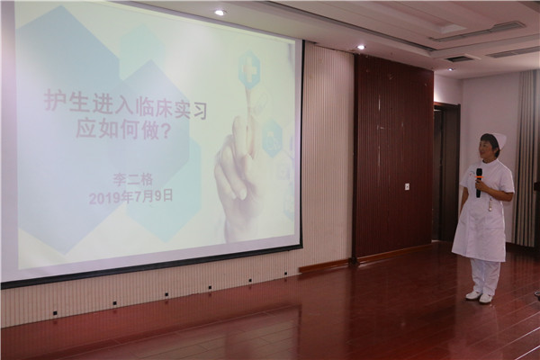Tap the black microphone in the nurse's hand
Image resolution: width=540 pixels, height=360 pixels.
[479, 183]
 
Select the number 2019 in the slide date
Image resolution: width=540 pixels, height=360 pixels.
[103, 199]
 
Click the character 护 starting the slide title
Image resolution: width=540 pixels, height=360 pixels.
[54, 101]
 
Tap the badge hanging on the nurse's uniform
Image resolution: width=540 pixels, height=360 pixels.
[490, 205]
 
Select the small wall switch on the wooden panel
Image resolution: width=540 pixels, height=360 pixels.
[408, 186]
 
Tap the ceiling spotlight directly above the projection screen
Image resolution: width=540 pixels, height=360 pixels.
[220, 13]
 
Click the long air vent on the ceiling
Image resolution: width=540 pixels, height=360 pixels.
[477, 31]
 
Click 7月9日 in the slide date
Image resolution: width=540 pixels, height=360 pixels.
[153, 197]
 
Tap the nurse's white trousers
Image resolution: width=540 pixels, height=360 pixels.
[485, 276]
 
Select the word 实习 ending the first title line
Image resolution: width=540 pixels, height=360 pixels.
[194, 109]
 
